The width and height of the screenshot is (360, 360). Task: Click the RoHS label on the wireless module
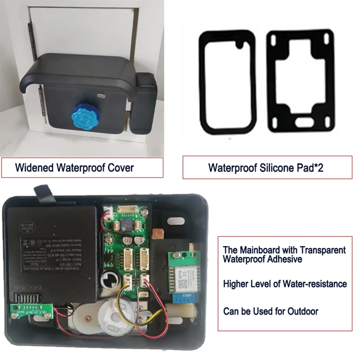coord(174,275)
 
